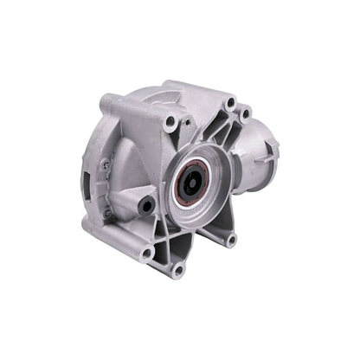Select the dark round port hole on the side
(x=148, y=206)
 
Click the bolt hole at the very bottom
(x=178, y=269)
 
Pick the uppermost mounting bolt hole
(x=229, y=104)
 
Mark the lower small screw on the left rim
(x=106, y=210)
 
